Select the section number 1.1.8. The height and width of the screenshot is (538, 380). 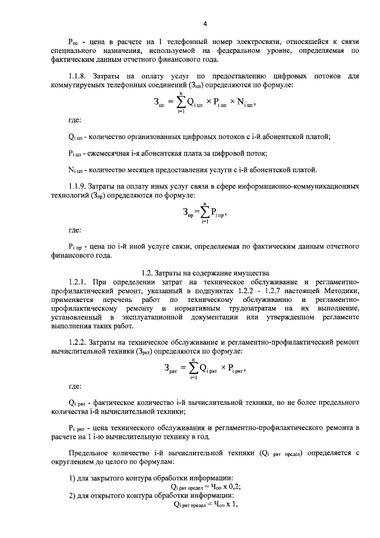(80, 76)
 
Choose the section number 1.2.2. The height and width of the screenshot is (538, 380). (80, 344)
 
